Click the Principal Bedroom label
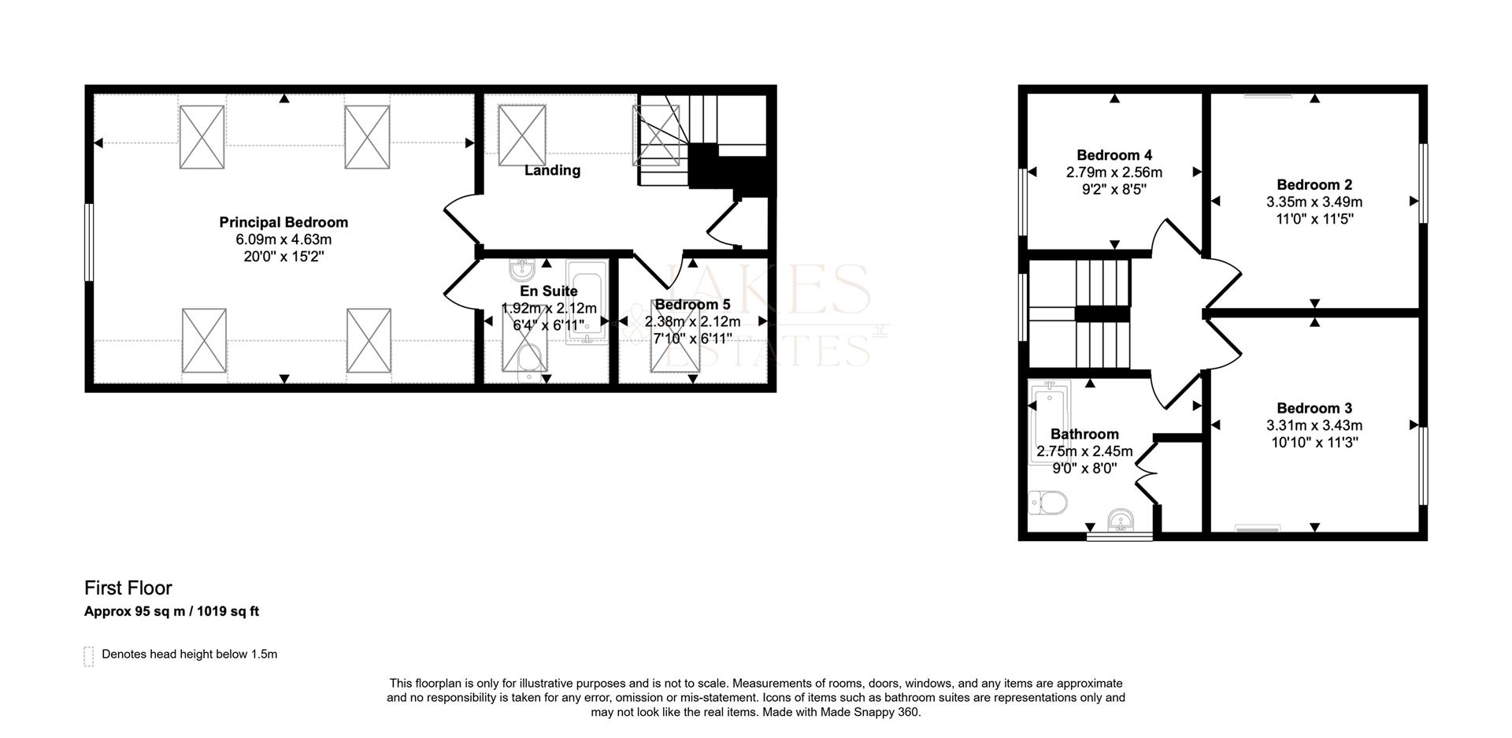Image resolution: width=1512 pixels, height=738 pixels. pyautogui.click(x=283, y=223)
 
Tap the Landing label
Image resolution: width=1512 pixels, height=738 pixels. pyautogui.click(x=552, y=170)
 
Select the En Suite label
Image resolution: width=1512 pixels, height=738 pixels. pyautogui.click(x=549, y=291)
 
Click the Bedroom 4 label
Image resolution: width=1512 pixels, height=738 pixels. pyautogui.click(x=1114, y=155)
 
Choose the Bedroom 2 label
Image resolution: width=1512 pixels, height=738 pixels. pyautogui.click(x=1314, y=185)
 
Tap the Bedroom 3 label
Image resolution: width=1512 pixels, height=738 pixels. pyautogui.click(x=1314, y=409)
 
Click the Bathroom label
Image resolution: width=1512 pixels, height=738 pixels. pyautogui.click(x=1084, y=434)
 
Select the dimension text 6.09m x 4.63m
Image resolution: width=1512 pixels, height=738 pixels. pyautogui.click(x=283, y=239)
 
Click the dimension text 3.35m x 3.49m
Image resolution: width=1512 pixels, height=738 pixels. pyautogui.click(x=1314, y=202)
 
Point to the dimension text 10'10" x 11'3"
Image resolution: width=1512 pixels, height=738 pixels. pyautogui.click(x=1314, y=443)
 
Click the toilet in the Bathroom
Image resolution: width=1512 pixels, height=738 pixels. pyautogui.click(x=1048, y=502)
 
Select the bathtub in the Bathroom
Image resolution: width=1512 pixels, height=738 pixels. pyautogui.click(x=1049, y=421)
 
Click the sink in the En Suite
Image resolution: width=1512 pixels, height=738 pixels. pyautogui.click(x=522, y=270)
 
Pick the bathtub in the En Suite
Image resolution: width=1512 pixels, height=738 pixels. pyautogui.click(x=587, y=307)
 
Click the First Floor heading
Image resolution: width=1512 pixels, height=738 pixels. pyautogui.click(x=128, y=588)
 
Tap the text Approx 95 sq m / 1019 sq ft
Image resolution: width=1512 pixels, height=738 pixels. pyautogui.click(x=172, y=611)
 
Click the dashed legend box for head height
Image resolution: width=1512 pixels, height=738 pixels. pyautogui.click(x=89, y=656)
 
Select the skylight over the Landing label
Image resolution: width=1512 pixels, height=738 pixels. pyautogui.click(x=522, y=135)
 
